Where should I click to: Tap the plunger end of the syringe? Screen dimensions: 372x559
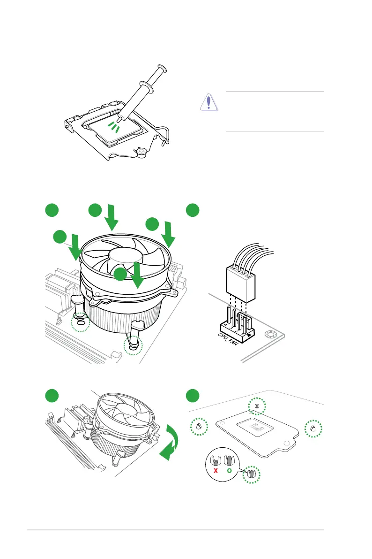[162, 68]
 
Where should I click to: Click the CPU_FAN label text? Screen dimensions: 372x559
[228, 339]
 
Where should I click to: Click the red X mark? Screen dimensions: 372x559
[216, 470]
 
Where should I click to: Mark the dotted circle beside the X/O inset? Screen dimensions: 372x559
[251, 475]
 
